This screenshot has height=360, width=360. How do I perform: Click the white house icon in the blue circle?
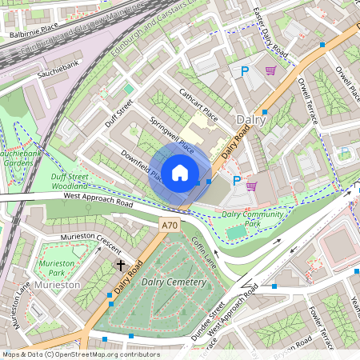tap(180, 173)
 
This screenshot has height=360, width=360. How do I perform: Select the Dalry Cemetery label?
tap(174, 282)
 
